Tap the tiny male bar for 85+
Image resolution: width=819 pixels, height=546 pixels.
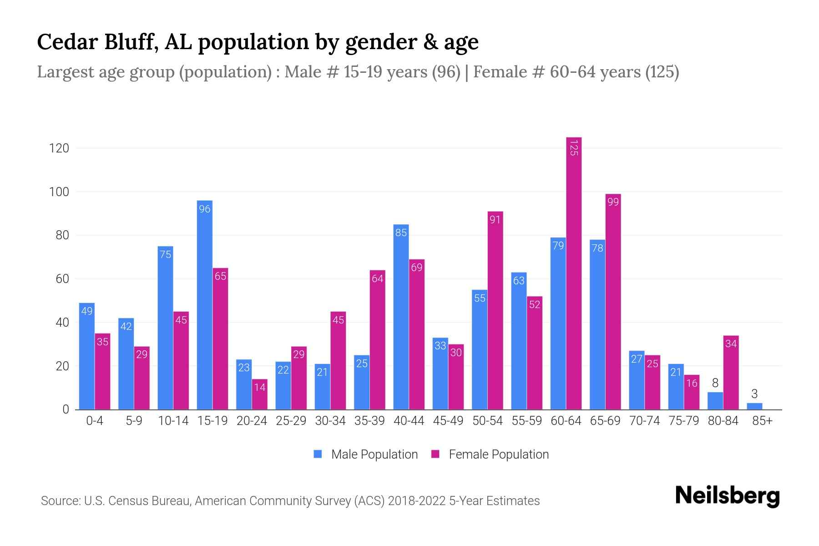pyautogui.click(x=754, y=406)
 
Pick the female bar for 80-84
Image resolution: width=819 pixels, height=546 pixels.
pyautogui.click(x=731, y=373)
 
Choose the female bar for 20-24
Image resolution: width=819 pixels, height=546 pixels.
pyautogui.click(x=260, y=395)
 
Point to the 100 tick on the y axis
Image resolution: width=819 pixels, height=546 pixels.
pyautogui.click(x=59, y=192)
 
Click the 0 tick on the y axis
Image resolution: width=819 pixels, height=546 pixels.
pyautogui.click(x=66, y=409)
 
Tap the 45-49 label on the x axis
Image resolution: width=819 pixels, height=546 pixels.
pyautogui.click(x=448, y=421)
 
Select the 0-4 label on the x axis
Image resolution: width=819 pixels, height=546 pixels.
pyautogui.click(x=95, y=421)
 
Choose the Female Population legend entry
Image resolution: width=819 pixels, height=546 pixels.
pyautogui.click(x=490, y=455)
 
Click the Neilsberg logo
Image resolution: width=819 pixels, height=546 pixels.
pyautogui.click(x=727, y=496)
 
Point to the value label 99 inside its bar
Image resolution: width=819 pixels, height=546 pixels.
pyautogui.click(x=613, y=202)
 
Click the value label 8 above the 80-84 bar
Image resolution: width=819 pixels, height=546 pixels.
pyautogui.click(x=715, y=383)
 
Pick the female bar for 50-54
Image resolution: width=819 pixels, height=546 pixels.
pyautogui.click(x=495, y=314)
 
